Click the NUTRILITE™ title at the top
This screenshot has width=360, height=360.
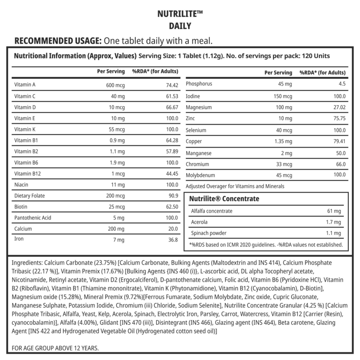180,13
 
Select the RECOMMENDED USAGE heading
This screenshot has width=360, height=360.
58,41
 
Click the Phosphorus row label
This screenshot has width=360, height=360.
199,84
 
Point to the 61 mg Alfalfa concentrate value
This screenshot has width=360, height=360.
335,211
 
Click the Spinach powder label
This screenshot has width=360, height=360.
209,234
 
